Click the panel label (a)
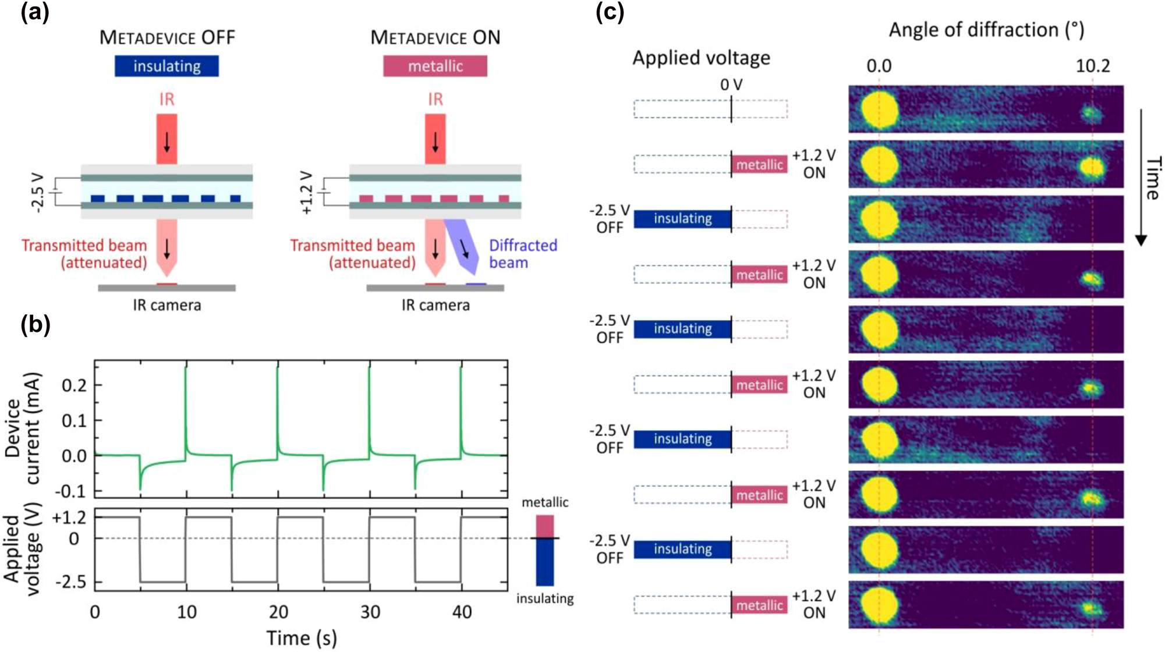[34, 12]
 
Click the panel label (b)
[34, 324]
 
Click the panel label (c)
[610, 12]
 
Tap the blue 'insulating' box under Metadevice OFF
[167, 66]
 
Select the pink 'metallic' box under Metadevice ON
[435, 66]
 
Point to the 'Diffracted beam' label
[522, 254]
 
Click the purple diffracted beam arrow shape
[463, 247]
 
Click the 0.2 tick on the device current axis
[75, 385]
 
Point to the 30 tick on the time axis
[370, 612]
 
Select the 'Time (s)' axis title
[302, 638]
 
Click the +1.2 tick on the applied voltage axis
[69, 518]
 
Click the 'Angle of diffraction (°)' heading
[986, 30]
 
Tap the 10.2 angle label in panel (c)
[1092, 66]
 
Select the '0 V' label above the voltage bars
[731, 85]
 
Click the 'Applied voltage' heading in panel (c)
[701, 58]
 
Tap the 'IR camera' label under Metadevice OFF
[167, 305]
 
